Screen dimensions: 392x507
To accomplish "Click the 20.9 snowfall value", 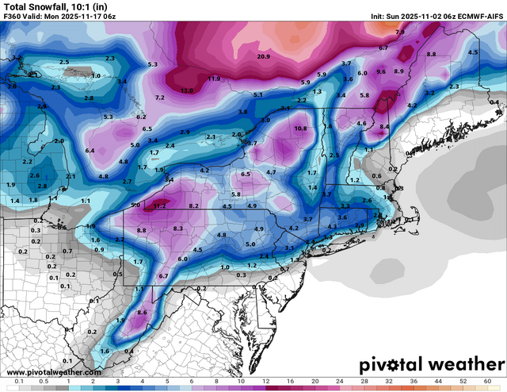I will pos(264,56).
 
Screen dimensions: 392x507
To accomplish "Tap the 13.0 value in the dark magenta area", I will pos(187,91).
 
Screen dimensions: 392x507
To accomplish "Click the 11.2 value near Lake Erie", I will pos(160,205).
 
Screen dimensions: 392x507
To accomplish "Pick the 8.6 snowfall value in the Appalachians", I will pos(143,313).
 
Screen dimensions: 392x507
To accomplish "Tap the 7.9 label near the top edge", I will pos(400,33).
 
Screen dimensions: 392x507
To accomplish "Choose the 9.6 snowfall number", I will pos(381,71).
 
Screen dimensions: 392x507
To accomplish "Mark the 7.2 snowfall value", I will pos(159,97).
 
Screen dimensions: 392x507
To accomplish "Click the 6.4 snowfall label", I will pos(90,150).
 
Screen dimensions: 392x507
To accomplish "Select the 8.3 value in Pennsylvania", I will pos(178,229).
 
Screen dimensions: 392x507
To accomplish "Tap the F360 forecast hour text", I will pos(15,17).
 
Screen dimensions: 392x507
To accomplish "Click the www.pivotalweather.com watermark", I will pos(54,371).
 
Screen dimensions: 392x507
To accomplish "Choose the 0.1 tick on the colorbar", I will pos(17,382).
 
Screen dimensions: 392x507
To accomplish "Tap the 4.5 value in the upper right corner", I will pos(473,52).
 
